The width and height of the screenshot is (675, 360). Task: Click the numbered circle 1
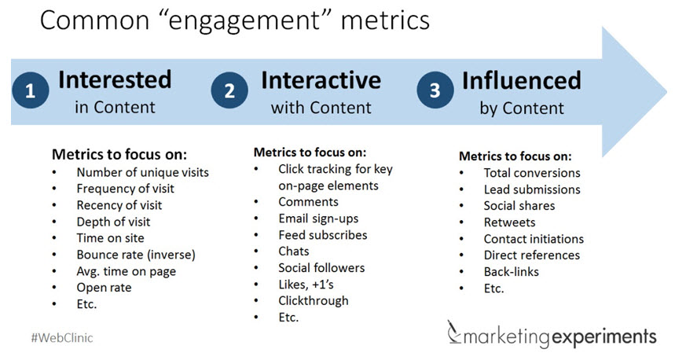31,90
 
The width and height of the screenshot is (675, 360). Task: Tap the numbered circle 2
229,90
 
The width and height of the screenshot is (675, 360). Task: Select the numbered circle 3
435,90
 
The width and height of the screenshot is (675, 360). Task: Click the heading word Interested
115,80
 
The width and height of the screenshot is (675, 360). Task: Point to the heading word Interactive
321,80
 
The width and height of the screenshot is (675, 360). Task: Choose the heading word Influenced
522,80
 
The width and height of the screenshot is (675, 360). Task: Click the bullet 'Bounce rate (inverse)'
135,255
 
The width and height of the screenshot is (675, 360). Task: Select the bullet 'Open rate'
104,288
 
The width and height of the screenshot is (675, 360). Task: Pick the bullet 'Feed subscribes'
322,234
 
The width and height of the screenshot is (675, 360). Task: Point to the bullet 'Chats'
295,251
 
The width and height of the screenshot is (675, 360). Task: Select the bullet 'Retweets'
509,222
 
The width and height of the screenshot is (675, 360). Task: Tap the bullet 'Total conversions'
532,173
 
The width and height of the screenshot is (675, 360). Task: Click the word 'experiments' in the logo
609,337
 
